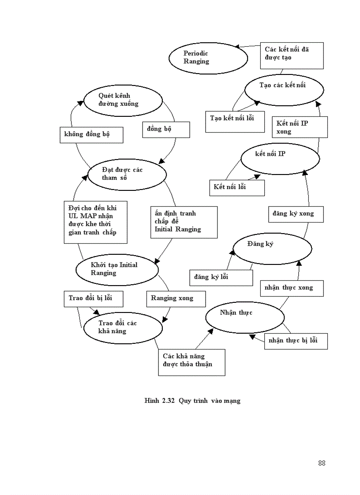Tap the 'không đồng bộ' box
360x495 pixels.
[x=91, y=135]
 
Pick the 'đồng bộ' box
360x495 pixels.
[x=166, y=130]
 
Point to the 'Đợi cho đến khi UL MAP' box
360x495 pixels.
[x=96, y=222]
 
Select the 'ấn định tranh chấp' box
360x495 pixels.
[x=184, y=222]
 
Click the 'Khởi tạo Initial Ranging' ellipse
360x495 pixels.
[x=117, y=269]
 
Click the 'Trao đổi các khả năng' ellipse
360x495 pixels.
[x=123, y=328]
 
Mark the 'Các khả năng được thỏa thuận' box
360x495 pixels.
[x=191, y=362]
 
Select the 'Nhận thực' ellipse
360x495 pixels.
[x=244, y=317]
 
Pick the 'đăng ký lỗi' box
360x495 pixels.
[x=221, y=277]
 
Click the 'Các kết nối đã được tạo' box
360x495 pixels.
[x=292, y=56]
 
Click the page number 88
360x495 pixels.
[x=321, y=463]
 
